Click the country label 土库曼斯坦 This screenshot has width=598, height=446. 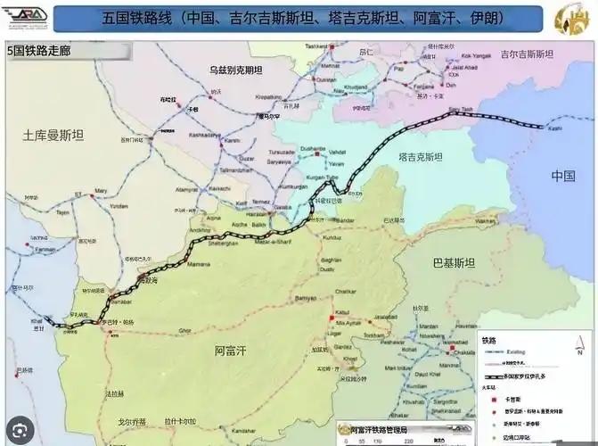click(53, 136)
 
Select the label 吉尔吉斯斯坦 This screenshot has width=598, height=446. click(526, 54)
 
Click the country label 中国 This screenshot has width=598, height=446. click(563, 175)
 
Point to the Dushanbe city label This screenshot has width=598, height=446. click(312, 148)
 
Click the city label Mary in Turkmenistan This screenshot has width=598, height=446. click(101, 190)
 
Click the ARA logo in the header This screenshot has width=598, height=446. click(27, 18)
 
